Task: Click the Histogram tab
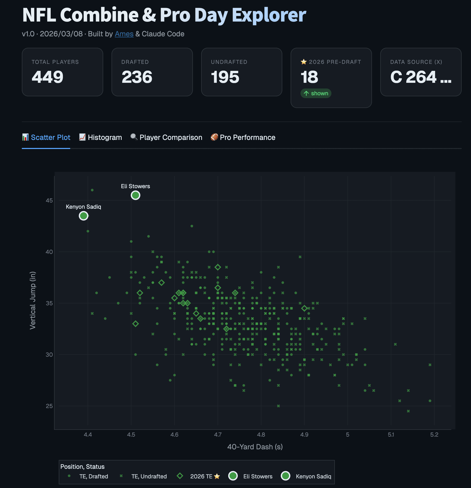pos(101,137)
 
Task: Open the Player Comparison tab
pos(166,137)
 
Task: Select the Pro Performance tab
pos(243,137)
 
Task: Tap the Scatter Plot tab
pos(46,137)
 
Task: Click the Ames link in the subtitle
pos(124,34)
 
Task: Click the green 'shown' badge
pos(316,93)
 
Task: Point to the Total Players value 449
pos(48,77)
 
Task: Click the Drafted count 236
pos(137,77)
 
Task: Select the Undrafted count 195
pos(225,77)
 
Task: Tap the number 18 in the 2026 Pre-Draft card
pos(309,77)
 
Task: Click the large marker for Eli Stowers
pos(135,195)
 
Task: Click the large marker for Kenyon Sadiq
pos(83,216)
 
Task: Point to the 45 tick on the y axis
pos(49,200)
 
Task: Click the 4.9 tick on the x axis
pos(304,435)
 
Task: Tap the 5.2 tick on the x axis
pos(434,435)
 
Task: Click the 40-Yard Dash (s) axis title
pos(255,447)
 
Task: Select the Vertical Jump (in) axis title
pos(33,300)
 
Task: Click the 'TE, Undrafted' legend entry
pos(149,476)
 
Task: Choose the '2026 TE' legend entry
pos(201,476)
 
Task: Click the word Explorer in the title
pos(269,15)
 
